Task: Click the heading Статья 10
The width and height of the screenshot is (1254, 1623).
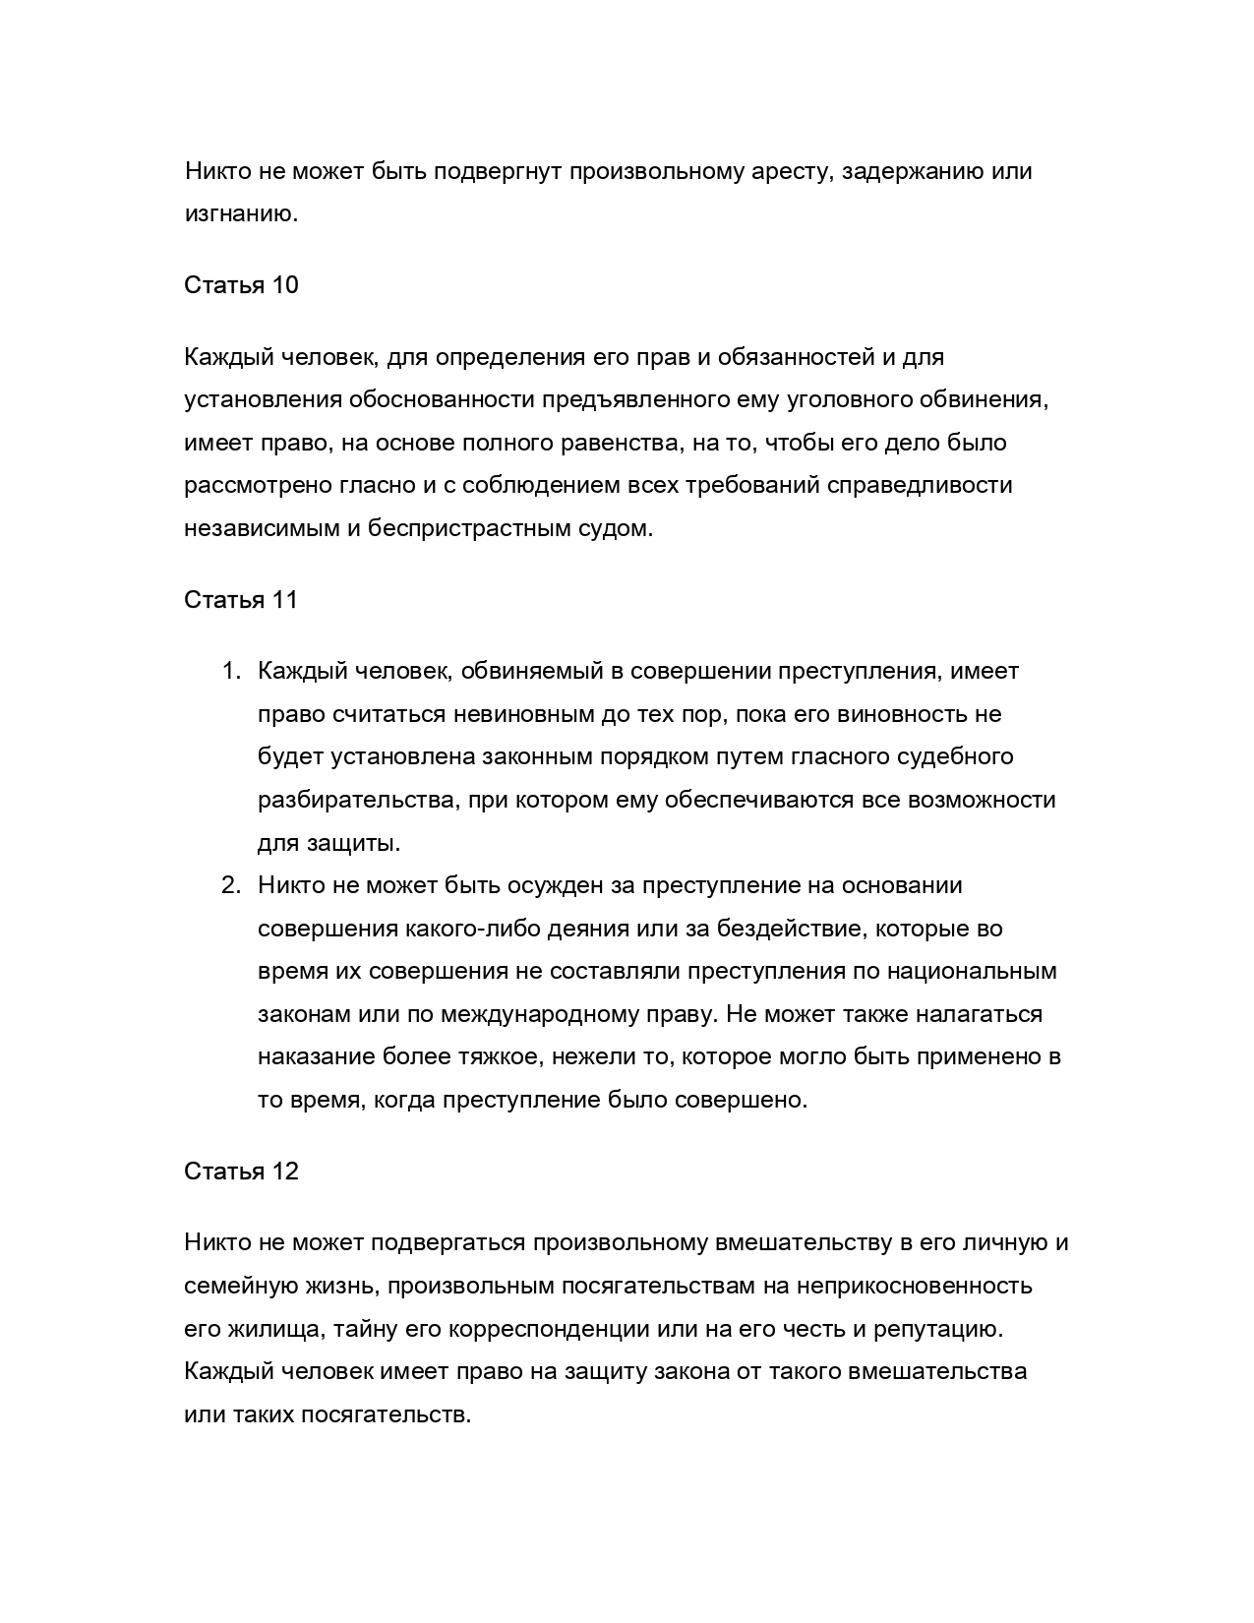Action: (241, 285)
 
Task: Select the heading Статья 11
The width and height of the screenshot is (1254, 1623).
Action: (241, 600)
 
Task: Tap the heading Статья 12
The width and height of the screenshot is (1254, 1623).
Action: (241, 1172)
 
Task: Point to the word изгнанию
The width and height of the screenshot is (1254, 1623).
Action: (241, 214)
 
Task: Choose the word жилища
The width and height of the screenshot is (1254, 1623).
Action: (277, 1329)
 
